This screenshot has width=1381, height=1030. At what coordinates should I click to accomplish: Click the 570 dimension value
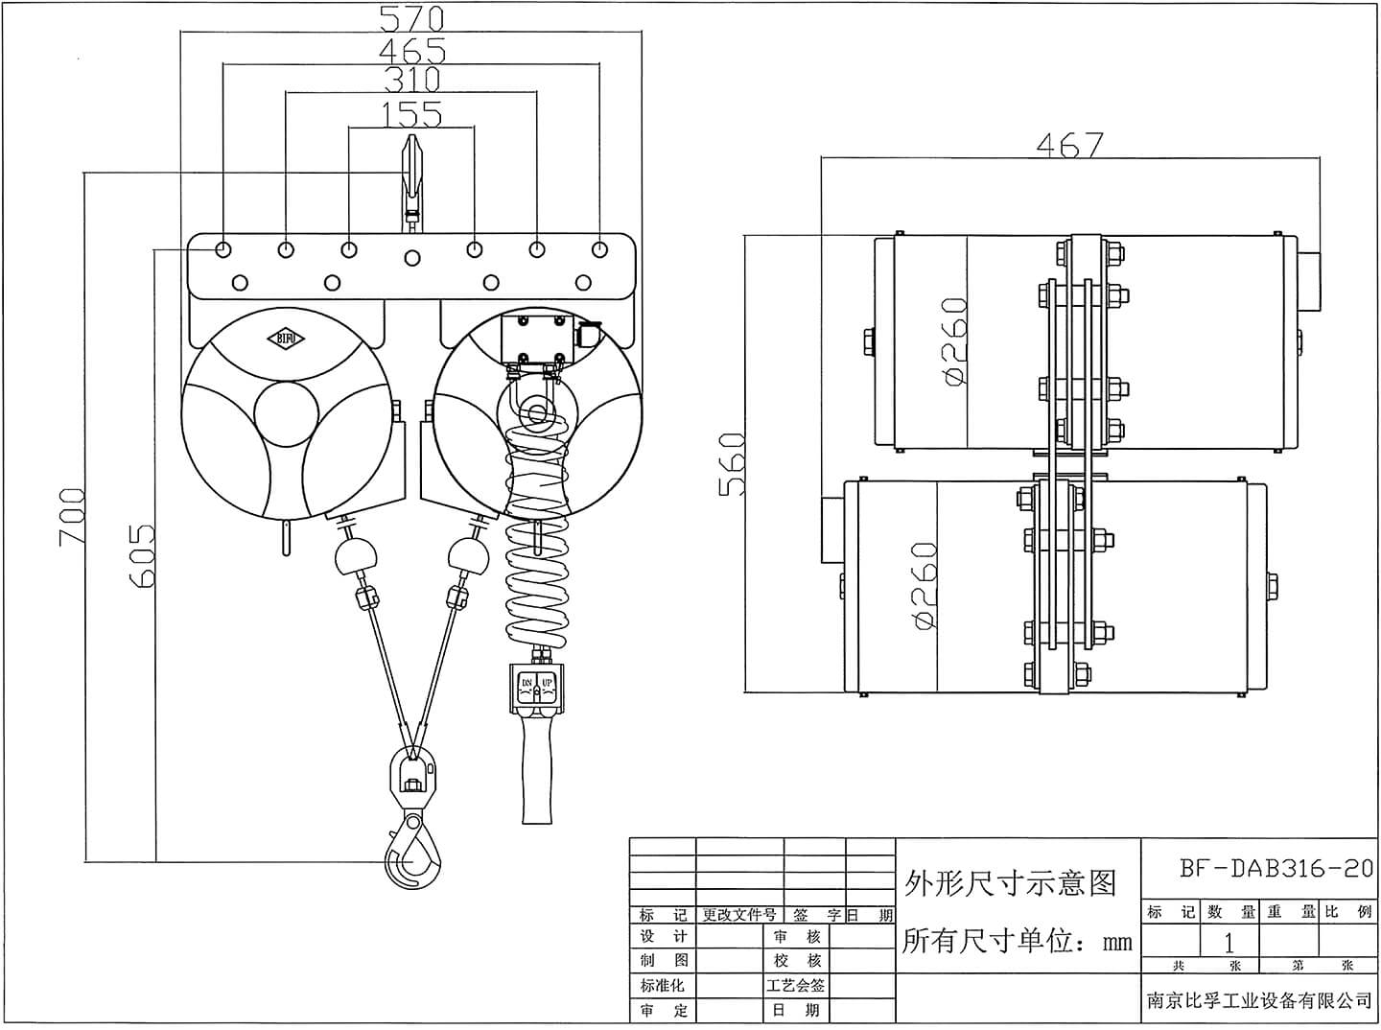point(411,17)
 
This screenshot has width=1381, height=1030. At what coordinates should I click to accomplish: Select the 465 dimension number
point(411,50)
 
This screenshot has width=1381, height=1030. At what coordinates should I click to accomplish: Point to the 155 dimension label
point(411,115)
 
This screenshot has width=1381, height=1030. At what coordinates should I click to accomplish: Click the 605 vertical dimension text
point(141,555)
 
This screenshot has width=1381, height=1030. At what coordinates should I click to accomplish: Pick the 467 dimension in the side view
point(1069,145)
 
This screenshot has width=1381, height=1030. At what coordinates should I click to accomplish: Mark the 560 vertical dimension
point(732,464)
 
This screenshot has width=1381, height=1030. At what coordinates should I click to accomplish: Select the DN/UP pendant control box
point(536,689)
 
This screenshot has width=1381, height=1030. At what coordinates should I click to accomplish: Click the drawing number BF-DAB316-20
point(1276,869)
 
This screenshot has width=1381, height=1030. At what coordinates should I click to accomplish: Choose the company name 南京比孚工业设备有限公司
point(1259,1000)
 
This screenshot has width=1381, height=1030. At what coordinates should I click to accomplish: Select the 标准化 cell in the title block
point(663,985)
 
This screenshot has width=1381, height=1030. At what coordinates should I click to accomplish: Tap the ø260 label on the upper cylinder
point(955,341)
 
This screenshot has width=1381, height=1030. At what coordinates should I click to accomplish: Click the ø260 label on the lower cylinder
point(924,585)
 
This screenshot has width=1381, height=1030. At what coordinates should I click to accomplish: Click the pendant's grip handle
point(536,777)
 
